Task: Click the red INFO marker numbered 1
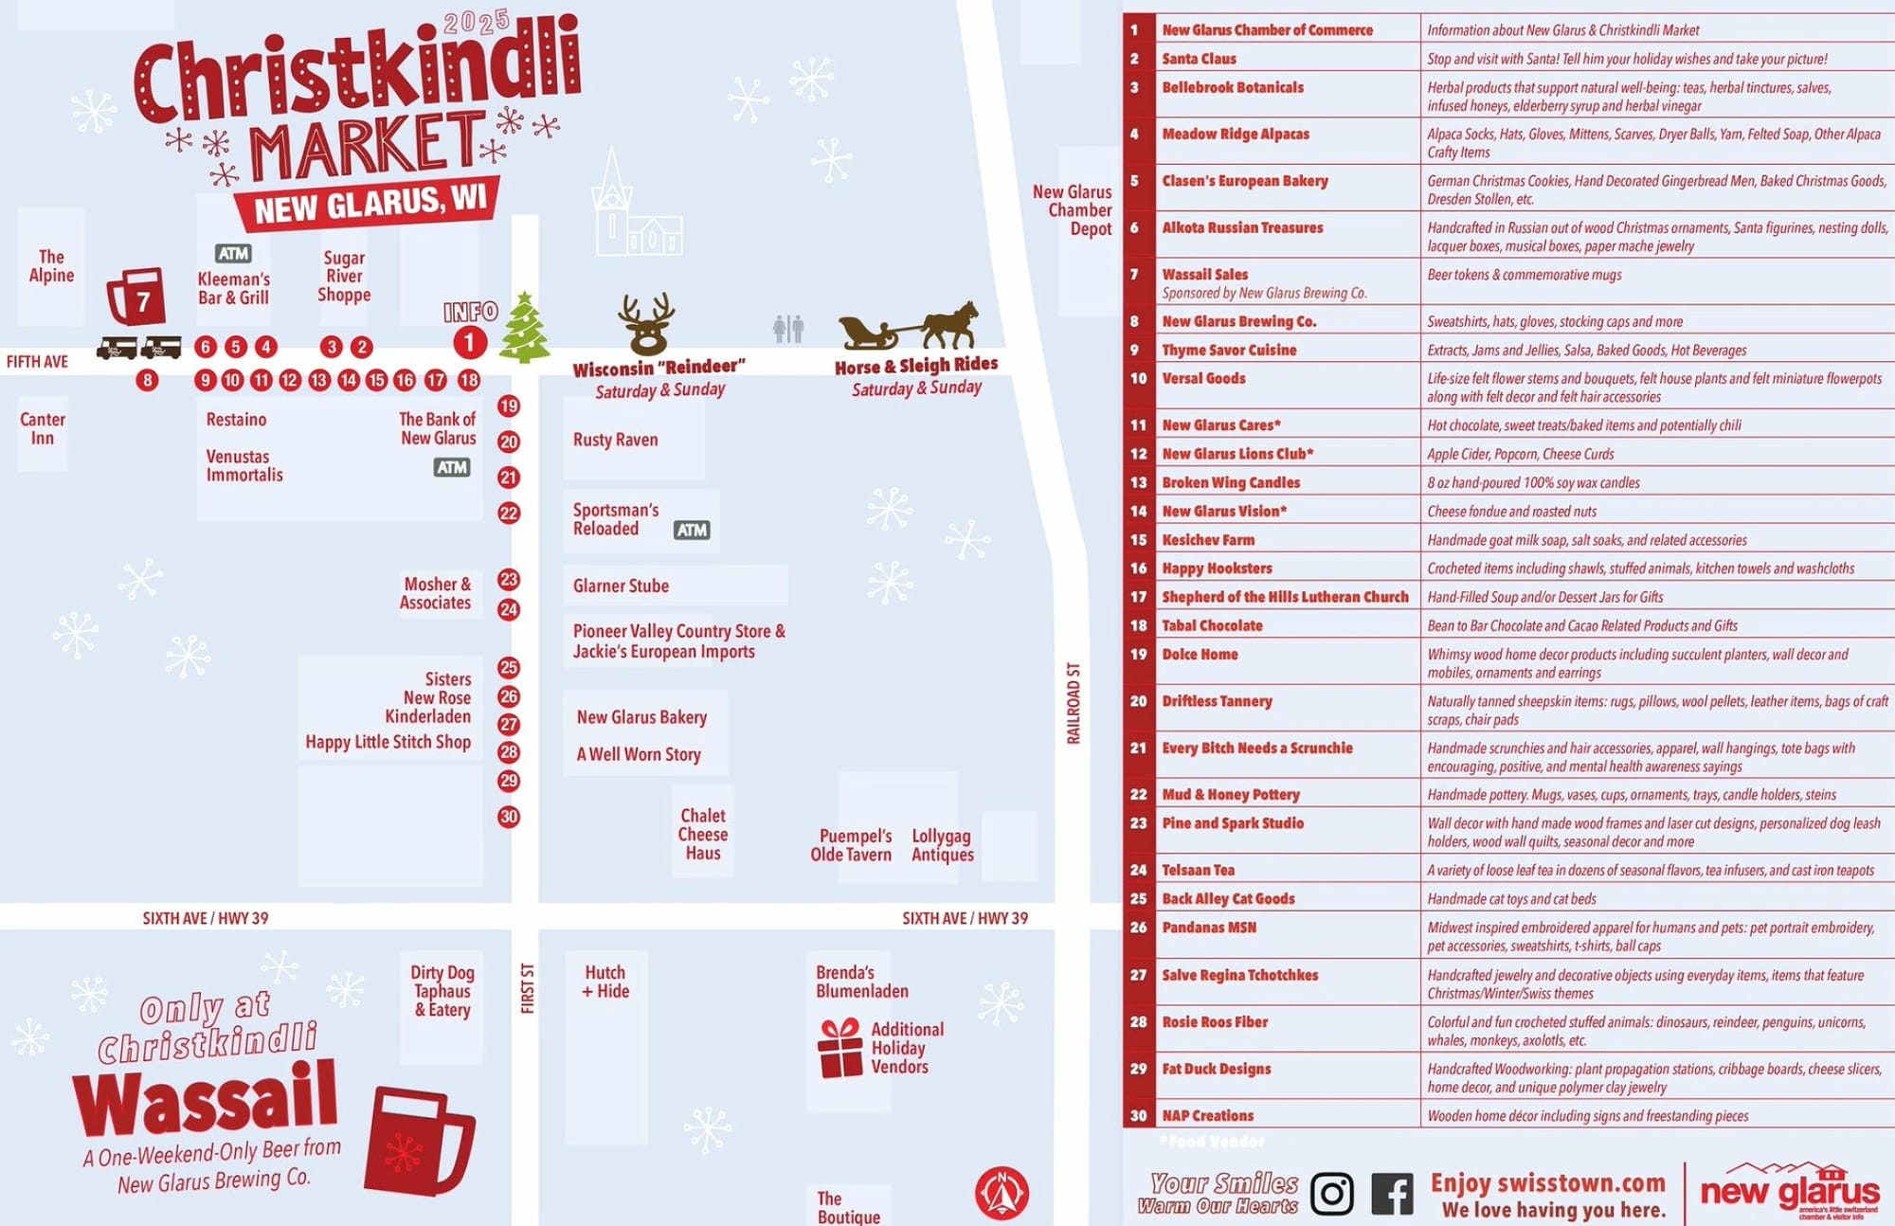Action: pyautogui.click(x=469, y=342)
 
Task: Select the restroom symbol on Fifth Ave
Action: pyautogui.click(x=787, y=329)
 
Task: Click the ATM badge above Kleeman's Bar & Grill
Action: pyautogui.click(x=233, y=253)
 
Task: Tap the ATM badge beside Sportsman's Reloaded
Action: pyautogui.click(x=692, y=531)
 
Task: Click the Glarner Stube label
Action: pyautogui.click(x=621, y=586)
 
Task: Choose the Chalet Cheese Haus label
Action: pyautogui.click(x=703, y=834)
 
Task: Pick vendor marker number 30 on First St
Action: pyautogui.click(x=509, y=817)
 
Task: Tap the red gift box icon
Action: pyautogui.click(x=840, y=1048)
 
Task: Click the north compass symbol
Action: pyautogui.click(x=1002, y=1193)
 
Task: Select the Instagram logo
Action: pyautogui.click(x=1332, y=1194)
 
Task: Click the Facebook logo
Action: pyautogui.click(x=1393, y=1194)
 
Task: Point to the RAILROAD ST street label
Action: pyautogui.click(x=1074, y=703)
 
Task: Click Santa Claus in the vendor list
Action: pyautogui.click(x=1199, y=59)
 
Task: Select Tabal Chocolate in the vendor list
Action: pyautogui.click(x=1212, y=625)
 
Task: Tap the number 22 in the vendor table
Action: pyautogui.click(x=1139, y=795)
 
